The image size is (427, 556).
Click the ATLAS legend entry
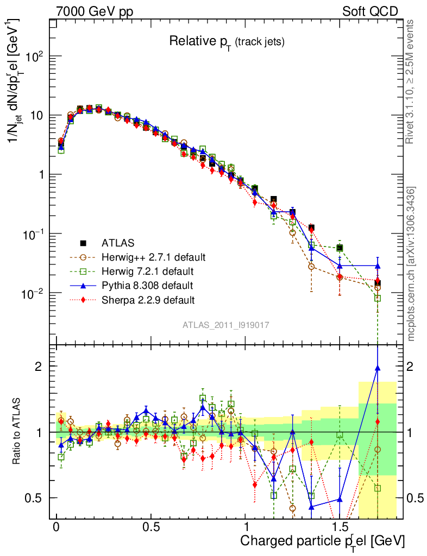pyautogui.click(x=117, y=243)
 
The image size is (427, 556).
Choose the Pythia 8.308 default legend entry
pyautogui.click(x=147, y=285)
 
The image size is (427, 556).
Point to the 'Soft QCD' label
pyautogui.click(x=370, y=11)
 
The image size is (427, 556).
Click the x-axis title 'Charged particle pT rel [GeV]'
pyautogui.click(x=322, y=541)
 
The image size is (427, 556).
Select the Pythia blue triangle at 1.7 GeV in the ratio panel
pyautogui.click(x=378, y=368)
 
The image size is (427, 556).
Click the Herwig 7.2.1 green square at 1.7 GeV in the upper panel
pyautogui.click(x=378, y=298)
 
